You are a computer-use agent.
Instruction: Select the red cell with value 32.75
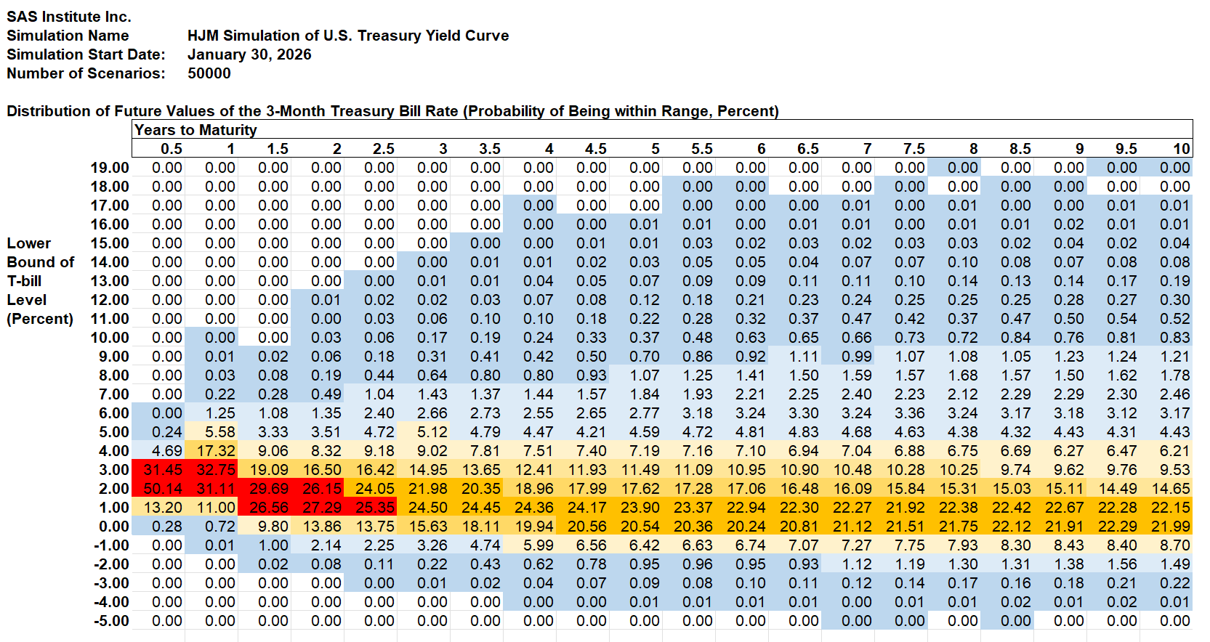[216, 470]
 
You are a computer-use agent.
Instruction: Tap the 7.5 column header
[913, 149]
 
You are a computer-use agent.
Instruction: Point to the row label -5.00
[111, 621]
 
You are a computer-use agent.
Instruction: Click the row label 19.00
[110, 168]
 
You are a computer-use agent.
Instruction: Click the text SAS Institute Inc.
[69, 17]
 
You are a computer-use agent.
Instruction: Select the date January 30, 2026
[249, 54]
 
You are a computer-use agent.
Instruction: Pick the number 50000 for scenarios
[209, 73]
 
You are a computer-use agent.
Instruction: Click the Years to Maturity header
[195, 130]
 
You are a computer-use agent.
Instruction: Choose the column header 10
[1181, 149]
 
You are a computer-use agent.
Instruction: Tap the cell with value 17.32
[216, 451]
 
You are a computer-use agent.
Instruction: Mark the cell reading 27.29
[322, 508]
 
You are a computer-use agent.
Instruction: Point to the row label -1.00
[111, 545]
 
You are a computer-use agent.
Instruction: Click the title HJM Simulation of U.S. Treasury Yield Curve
[348, 36]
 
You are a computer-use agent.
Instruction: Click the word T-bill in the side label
[24, 281]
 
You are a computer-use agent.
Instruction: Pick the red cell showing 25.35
[375, 508]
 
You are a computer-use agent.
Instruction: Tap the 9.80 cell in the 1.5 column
[273, 527]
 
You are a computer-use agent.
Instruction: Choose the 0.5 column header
[172, 149]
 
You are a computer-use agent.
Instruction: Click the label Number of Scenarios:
[86, 73]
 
